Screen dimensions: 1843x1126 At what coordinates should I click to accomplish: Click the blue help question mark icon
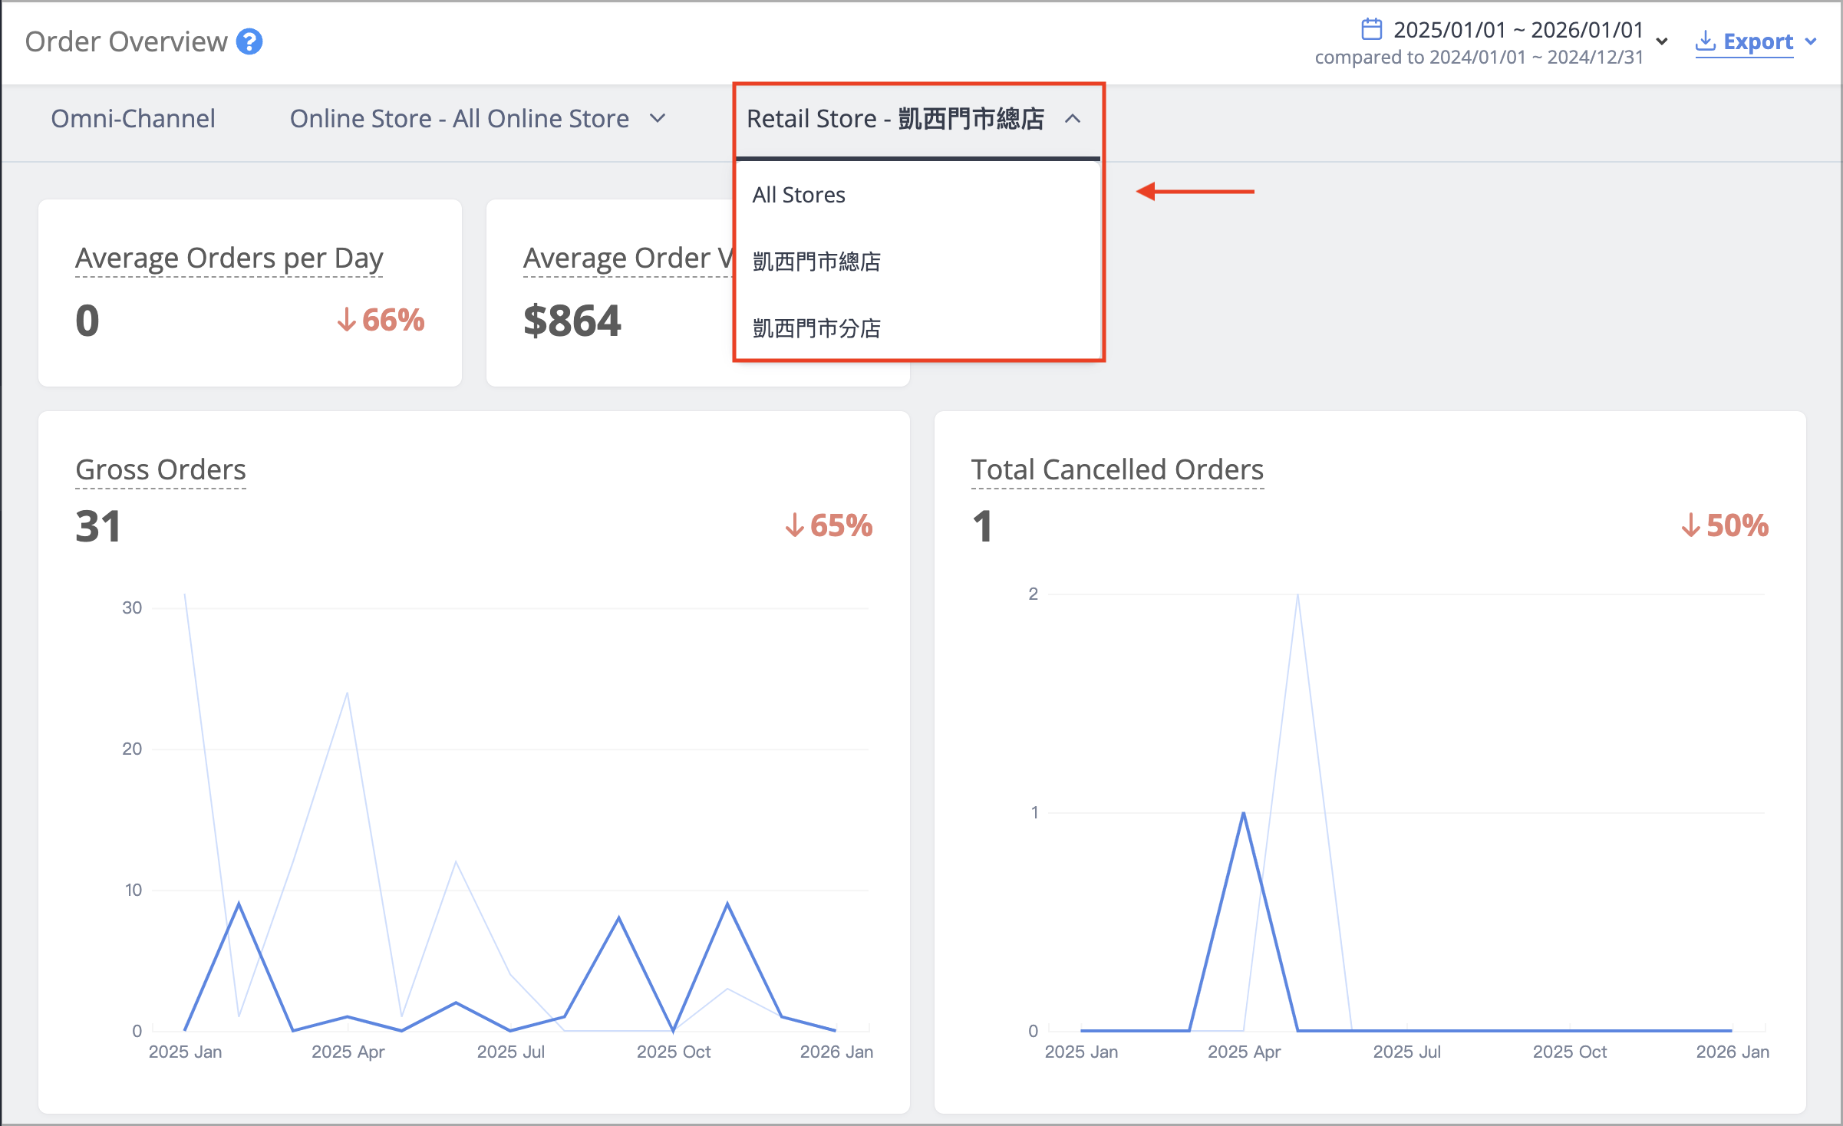(x=249, y=41)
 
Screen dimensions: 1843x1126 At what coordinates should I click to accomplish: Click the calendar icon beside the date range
(x=1371, y=29)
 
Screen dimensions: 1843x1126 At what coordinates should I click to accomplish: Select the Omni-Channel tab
(x=133, y=119)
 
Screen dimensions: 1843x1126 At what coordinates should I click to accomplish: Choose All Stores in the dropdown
(x=799, y=195)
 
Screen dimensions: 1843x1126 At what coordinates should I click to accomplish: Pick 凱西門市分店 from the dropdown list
(x=816, y=328)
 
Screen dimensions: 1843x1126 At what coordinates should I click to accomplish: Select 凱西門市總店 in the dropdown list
(x=816, y=262)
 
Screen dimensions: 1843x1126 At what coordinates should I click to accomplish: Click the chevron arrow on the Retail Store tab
(x=1073, y=119)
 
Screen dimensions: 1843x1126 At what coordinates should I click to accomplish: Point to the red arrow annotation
(x=1195, y=191)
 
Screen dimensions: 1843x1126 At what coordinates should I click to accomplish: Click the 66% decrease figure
(x=381, y=320)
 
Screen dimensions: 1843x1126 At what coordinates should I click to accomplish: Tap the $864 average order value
(x=572, y=321)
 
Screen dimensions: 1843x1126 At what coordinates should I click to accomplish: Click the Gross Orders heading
(x=160, y=469)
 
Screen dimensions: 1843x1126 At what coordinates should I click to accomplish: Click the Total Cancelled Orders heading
(x=1117, y=469)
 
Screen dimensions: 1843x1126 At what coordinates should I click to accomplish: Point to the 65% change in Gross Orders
(x=829, y=525)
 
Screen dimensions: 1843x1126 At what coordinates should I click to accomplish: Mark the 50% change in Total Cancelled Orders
(x=1725, y=525)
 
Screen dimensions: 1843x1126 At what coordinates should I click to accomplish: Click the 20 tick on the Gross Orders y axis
(x=132, y=749)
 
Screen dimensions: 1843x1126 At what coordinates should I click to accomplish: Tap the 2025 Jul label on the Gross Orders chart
(x=511, y=1052)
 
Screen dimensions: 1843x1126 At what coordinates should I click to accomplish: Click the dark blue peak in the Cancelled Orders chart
(x=1243, y=814)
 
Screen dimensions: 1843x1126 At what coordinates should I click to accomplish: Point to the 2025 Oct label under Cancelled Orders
(x=1570, y=1052)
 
